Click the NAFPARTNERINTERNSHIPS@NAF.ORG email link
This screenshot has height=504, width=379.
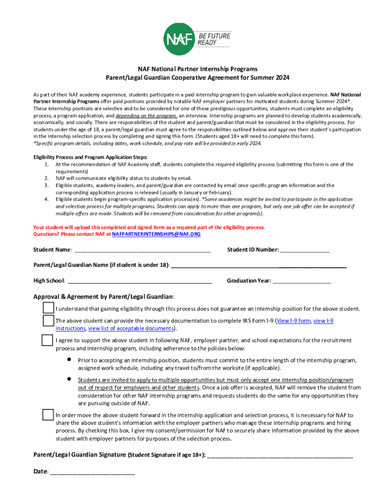click(157, 234)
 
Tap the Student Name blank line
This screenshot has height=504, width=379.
click(142, 251)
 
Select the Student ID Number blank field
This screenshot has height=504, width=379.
click(305, 251)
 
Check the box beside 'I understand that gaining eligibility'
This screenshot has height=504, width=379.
click(48, 309)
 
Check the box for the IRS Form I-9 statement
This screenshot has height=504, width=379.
click(48, 321)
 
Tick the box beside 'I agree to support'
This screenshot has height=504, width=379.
click(48, 340)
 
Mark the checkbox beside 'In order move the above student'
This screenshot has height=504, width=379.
click(48, 415)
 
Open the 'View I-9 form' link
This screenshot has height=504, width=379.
click(293, 321)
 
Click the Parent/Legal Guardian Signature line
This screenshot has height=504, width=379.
click(280, 455)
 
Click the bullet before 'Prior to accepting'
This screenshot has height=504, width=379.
click(70, 360)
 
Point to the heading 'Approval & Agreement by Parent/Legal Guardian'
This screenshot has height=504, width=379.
click(104, 297)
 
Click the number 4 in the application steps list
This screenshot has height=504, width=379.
click(46, 199)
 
